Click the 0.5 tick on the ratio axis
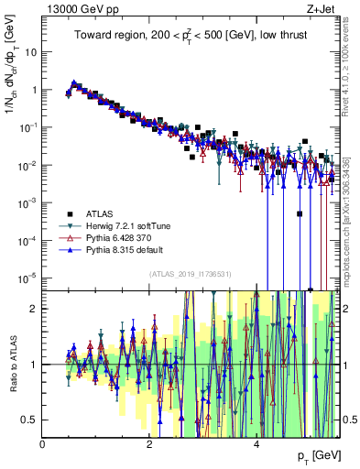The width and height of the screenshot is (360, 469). point(30,420)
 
